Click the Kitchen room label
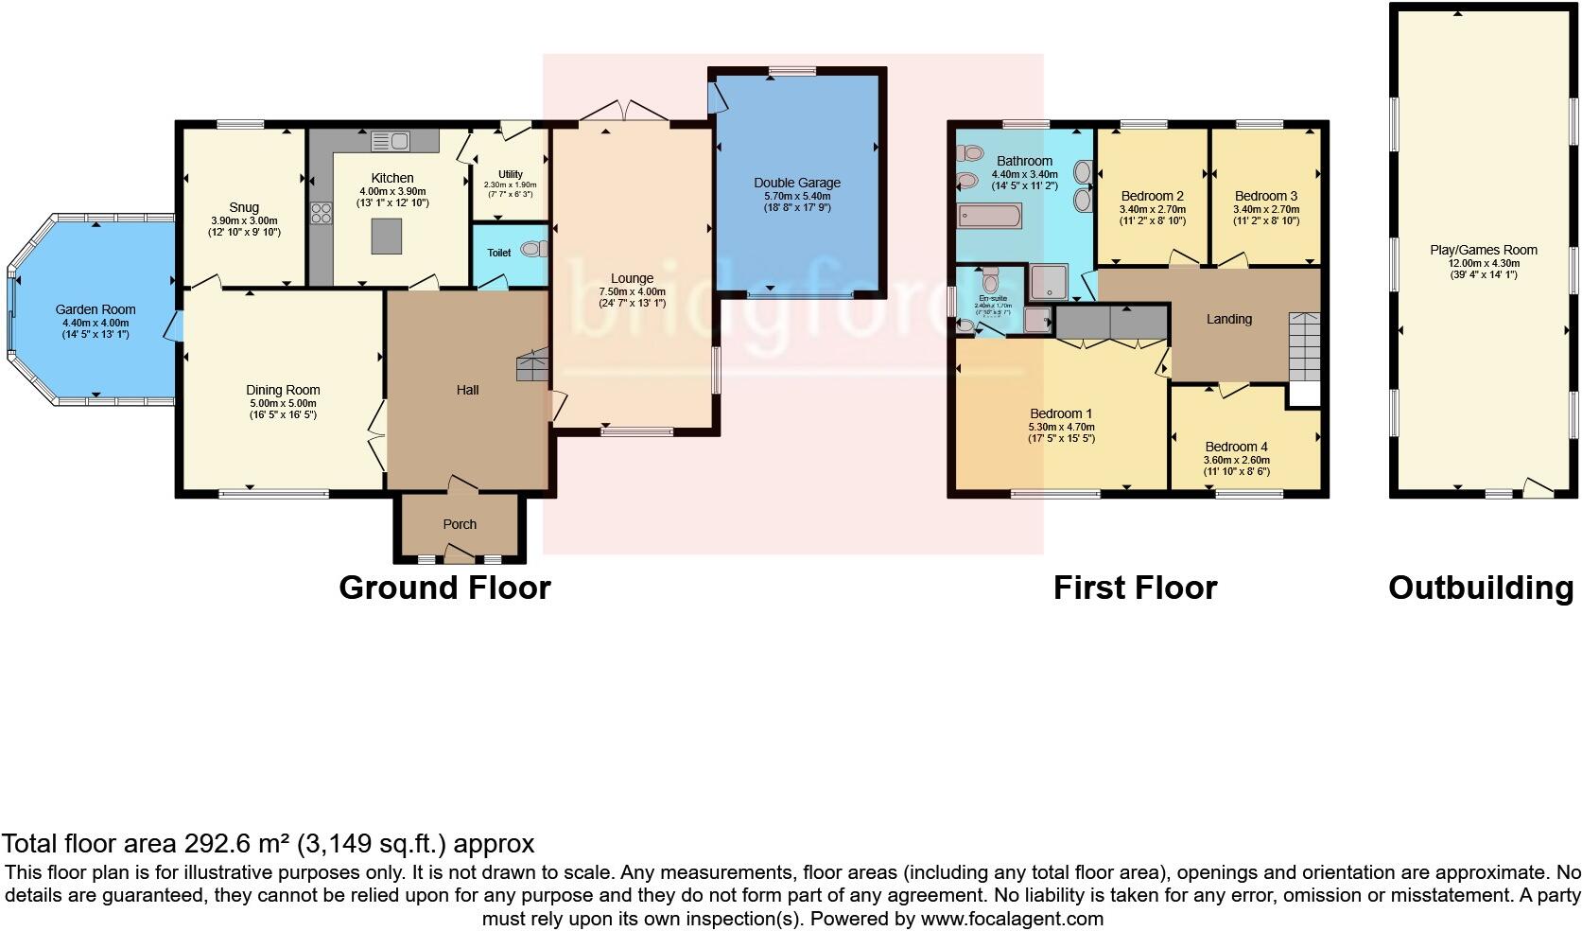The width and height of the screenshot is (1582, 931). (391, 178)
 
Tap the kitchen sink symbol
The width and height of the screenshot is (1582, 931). (390, 142)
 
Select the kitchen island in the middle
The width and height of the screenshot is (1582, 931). (386, 236)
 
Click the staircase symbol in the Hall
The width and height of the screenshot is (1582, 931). (532, 365)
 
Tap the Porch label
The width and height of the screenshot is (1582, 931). (460, 524)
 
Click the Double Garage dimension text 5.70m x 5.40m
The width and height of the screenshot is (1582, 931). (796, 195)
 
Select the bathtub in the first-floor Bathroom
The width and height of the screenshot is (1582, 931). (989, 216)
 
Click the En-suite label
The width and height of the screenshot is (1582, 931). (992, 297)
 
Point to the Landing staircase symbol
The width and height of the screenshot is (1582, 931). (1304, 345)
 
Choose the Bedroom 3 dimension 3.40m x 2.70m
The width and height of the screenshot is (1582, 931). (1265, 209)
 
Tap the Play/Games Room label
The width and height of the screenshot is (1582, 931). (1483, 250)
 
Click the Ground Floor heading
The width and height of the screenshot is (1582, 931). (444, 588)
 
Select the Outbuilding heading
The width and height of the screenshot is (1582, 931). (1480, 588)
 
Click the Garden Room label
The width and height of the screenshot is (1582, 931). (95, 309)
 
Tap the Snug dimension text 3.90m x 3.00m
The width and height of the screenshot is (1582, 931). (243, 220)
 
